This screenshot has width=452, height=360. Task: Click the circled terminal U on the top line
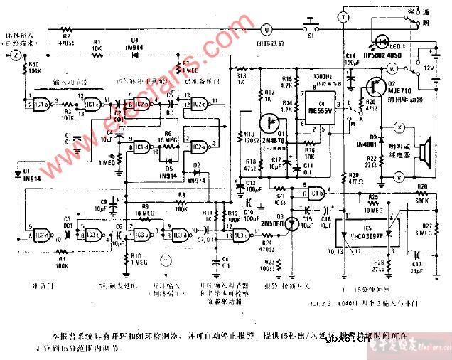click(x=267, y=30)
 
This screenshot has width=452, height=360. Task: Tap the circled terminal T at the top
click(x=342, y=16)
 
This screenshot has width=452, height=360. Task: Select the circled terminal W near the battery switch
click(x=391, y=68)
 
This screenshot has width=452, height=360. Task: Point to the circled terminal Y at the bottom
click(x=167, y=260)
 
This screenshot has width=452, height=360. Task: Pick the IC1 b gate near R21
click(x=317, y=190)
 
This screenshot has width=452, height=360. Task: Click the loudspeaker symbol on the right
click(x=425, y=151)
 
